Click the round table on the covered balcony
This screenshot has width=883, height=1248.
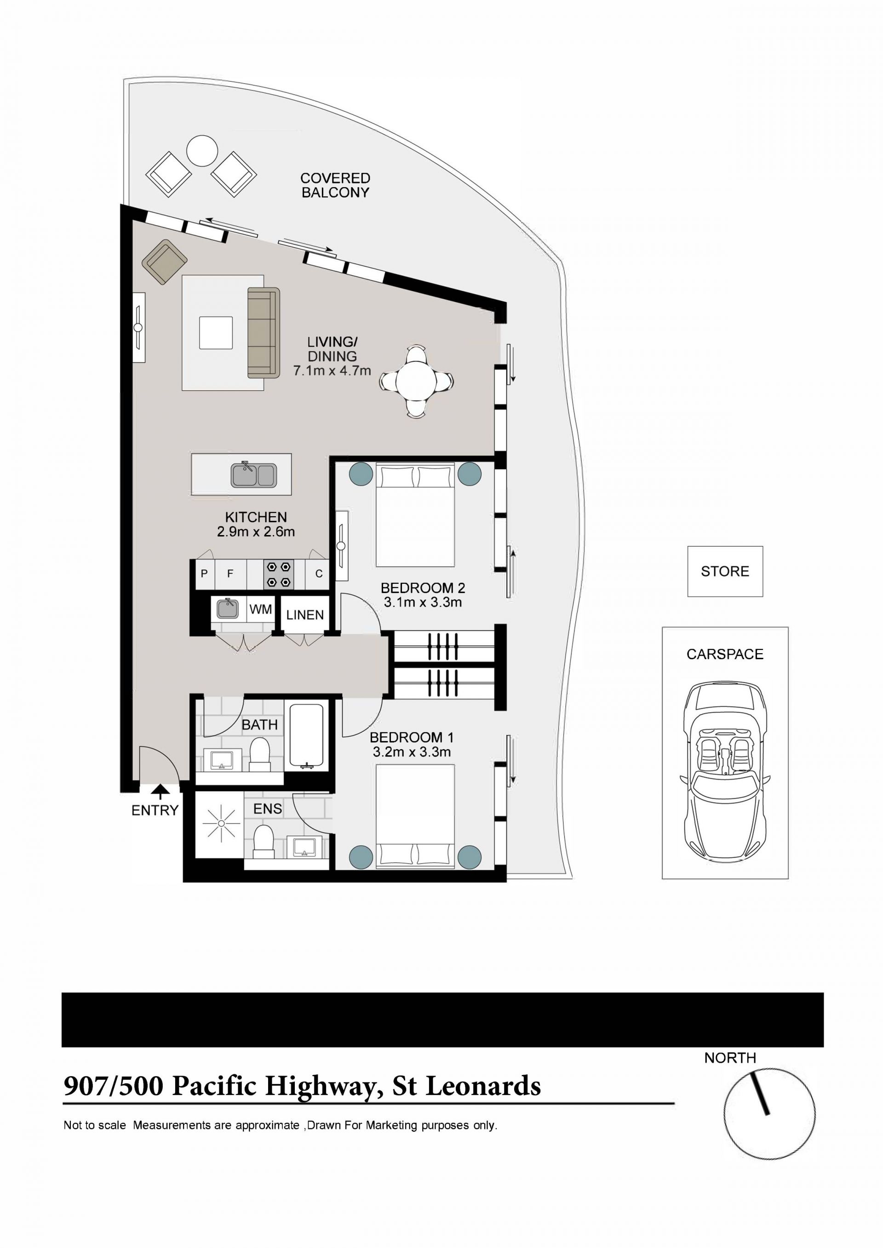click(x=202, y=151)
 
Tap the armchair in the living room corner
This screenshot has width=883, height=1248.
click(x=165, y=262)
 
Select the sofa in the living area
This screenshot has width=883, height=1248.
click(x=264, y=333)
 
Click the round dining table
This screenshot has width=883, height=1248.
click(x=417, y=381)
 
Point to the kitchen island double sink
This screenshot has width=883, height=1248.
click(x=254, y=474)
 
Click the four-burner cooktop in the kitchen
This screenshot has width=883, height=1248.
click(x=279, y=574)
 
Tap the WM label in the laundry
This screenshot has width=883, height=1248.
click(x=260, y=610)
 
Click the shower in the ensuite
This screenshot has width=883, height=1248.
click(x=221, y=824)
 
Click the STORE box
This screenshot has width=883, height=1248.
click(x=725, y=571)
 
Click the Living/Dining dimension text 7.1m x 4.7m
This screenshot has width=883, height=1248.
click(x=332, y=371)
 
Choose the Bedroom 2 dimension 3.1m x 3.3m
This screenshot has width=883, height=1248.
click(x=423, y=602)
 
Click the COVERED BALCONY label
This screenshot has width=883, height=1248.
click(x=335, y=185)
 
